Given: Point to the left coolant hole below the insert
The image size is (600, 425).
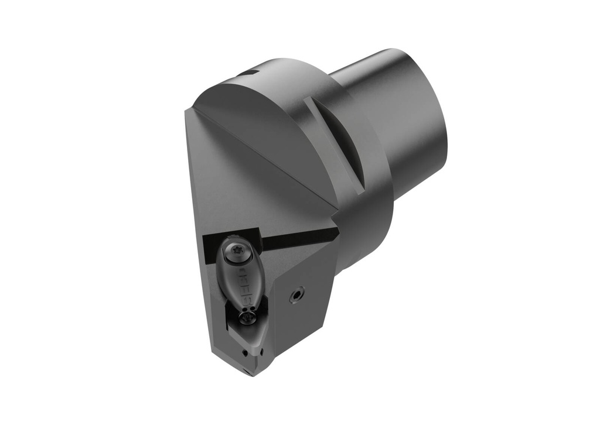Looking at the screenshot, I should [244, 353].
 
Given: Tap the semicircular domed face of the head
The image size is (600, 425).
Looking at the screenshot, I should [264, 135].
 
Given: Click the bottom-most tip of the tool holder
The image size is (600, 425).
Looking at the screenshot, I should [249, 375].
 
